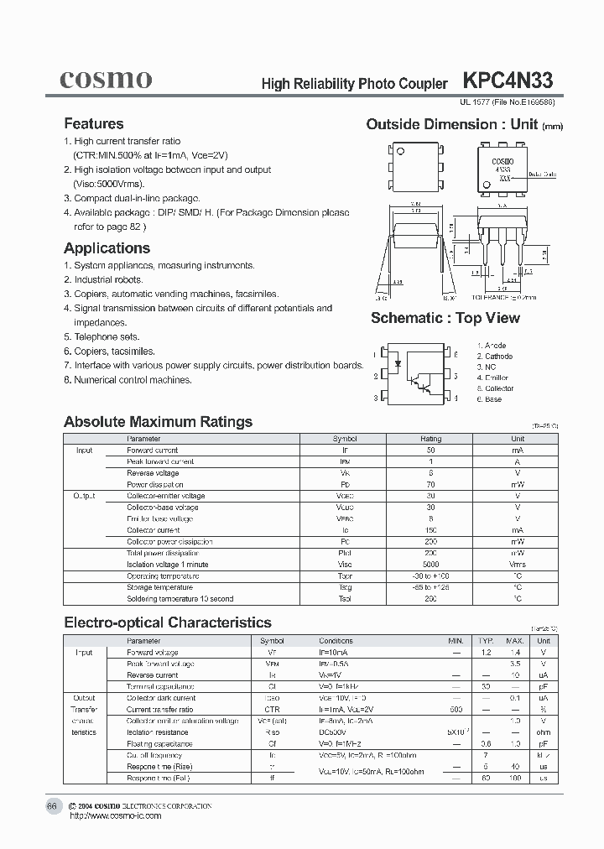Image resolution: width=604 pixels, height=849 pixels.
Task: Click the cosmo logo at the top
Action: pos(106,79)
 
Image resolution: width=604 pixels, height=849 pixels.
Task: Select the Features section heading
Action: pos(94,123)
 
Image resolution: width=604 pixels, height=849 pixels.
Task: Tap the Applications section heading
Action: pos(107,248)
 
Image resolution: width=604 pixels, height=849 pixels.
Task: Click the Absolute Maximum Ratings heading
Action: pos(158,422)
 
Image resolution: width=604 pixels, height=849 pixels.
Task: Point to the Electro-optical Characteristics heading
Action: pos(168,622)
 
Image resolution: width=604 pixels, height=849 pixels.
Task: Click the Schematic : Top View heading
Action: pos(445,318)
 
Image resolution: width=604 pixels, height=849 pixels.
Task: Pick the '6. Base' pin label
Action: pos(489,399)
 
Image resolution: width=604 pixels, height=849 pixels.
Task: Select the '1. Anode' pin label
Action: pos(492,346)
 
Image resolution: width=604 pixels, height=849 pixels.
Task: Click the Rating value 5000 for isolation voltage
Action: pos(430,565)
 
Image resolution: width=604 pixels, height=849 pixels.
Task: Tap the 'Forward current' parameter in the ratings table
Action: pos(152,451)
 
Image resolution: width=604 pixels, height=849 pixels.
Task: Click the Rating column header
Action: pos(430,439)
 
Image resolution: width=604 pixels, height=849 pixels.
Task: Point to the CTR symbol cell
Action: pos(271,709)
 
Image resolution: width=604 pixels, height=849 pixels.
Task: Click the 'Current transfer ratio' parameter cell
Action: pos(159,709)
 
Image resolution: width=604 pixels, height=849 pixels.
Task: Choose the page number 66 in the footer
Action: pos(51,806)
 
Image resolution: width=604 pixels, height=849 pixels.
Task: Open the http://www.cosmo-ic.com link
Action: pos(115,816)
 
